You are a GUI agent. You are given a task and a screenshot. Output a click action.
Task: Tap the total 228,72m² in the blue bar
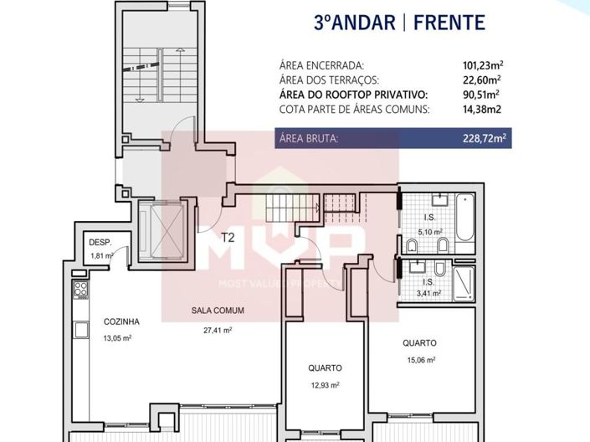(486, 139)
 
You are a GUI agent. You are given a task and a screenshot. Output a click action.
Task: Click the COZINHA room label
(121, 321)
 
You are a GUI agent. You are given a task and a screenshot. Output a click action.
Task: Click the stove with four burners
(82, 290)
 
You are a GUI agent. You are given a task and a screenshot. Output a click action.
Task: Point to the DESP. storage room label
(100, 243)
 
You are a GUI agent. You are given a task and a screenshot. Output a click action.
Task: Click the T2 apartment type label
(228, 237)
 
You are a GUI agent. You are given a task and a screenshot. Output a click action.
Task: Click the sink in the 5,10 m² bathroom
(439, 200)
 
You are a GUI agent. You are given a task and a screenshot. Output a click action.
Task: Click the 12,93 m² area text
(321, 385)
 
